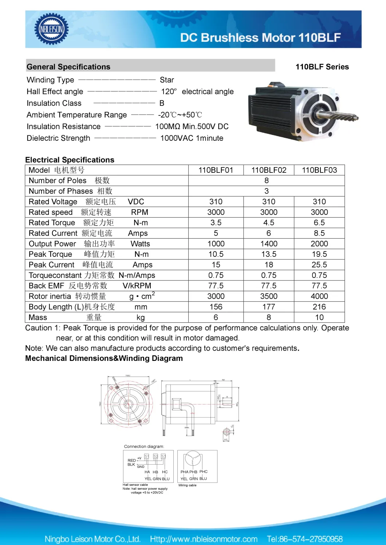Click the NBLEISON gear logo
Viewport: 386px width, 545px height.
[x=51, y=29]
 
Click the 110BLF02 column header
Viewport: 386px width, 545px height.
[x=269, y=170]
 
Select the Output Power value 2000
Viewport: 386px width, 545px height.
[x=319, y=244]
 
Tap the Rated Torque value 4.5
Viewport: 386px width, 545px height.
[x=269, y=223]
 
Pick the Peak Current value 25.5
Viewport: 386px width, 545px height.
[x=319, y=265]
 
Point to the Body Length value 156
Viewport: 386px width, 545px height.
[x=216, y=307]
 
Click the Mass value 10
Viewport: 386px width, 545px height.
[x=319, y=318]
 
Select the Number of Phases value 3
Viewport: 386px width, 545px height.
[x=267, y=191]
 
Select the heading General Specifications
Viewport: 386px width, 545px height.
[x=68, y=67]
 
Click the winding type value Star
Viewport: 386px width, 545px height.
[x=167, y=80]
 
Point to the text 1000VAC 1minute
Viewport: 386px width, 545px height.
[x=192, y=138]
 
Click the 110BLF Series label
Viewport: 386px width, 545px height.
[x=322, y=67]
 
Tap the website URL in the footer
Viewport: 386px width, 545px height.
[x=204, y=539]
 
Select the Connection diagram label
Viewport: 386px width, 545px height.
[x=144, y=446]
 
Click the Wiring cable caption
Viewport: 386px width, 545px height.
[x=187, y=485]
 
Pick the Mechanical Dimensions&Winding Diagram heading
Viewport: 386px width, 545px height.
[x=104, y=358]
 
